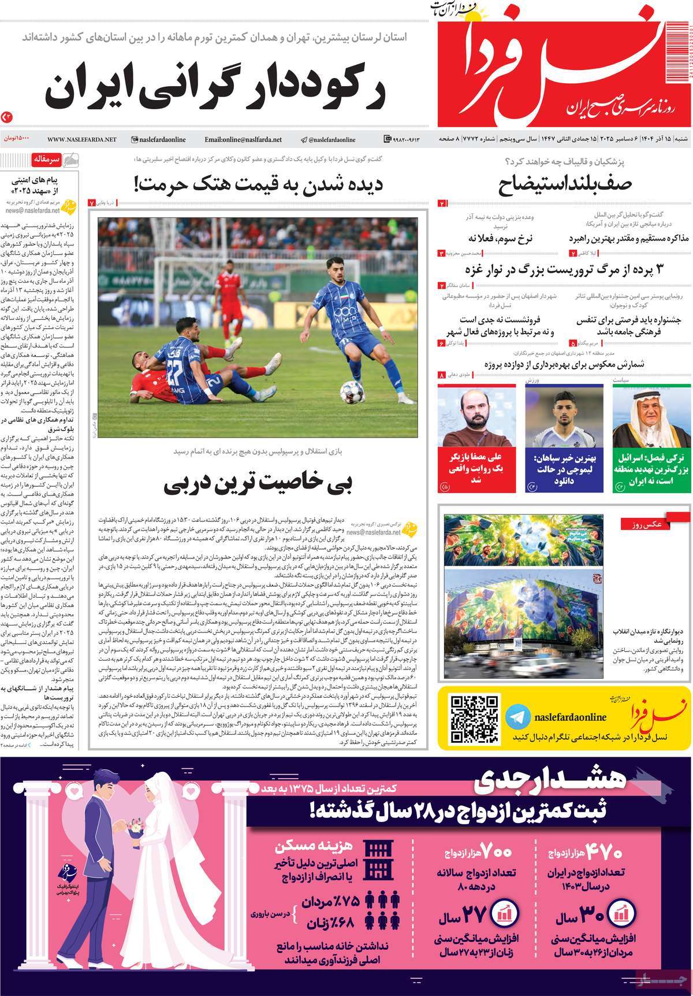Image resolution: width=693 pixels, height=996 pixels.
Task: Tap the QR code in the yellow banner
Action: click(474, 719)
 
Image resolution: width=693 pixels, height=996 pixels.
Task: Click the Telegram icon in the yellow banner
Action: click(517, 717)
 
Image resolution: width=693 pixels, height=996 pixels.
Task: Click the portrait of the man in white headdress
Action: click(651, 416)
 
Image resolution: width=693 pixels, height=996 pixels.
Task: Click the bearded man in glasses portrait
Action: click(477, 416)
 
